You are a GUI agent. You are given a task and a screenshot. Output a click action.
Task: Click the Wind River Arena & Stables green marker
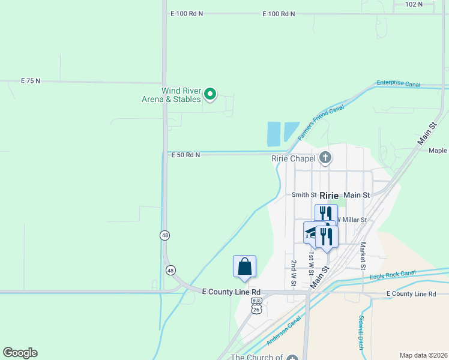[x=210, y=94]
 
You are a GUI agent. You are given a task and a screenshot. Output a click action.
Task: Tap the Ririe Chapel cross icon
[x=325, y=158]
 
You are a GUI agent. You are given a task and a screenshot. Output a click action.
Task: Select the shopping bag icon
[x=245, y=266]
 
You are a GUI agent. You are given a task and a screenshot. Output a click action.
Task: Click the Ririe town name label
[x=330, y=196]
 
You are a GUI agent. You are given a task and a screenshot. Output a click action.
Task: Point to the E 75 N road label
[x=30, y=80]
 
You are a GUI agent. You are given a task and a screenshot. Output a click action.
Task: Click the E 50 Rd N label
[x=185, y=155]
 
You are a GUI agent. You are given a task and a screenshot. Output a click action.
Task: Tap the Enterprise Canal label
[x=399, y=84]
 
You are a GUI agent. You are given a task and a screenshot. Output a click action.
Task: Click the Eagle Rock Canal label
[x=393, y=275]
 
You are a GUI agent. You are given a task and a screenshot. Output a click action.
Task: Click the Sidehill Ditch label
[x=361, y=333]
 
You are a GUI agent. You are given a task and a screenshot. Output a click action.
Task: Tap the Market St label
[x=363, y=255]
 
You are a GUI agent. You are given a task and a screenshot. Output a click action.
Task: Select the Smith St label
[x=304, y=195]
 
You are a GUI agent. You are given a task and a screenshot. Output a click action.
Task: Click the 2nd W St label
[x=294, y=273]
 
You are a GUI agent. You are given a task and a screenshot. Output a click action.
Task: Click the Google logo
[x=20, y=353]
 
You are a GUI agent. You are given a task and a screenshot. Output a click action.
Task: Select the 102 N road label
[x=414, y=4]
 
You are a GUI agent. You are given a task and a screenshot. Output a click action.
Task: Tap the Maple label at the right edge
[x=438, y=151]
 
